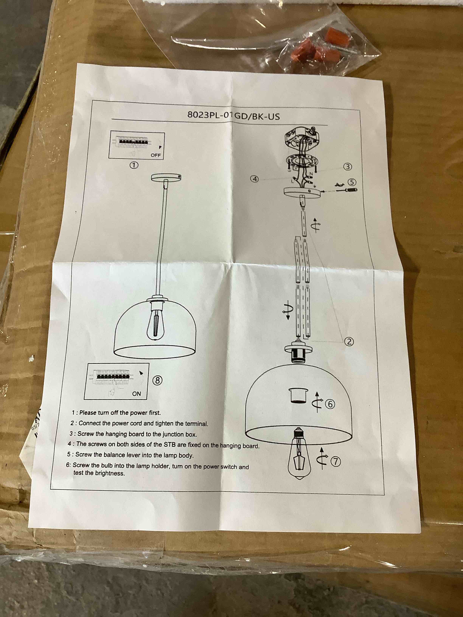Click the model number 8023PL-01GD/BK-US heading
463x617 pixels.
click(x=233, y=115)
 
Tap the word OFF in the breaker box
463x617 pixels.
click(x=156, y=155)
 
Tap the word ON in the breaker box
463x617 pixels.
click(x=137, y=394)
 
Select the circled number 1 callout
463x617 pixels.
click(x=134, y=165)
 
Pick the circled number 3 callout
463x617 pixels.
click(x=347, y=167)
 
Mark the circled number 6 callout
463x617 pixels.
click(x=330, y=404)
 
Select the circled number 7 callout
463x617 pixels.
click(x=336, y=462)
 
